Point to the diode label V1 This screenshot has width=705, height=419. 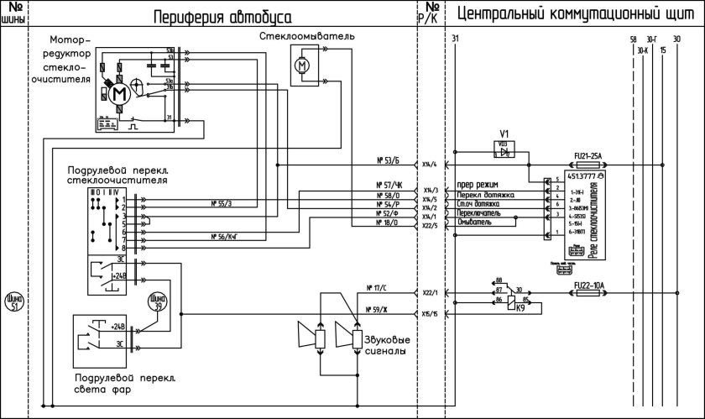(x=504, y=134)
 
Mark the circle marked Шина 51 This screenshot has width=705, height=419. (x=13, y=301)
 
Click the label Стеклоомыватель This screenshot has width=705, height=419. (x=307, y=37)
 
